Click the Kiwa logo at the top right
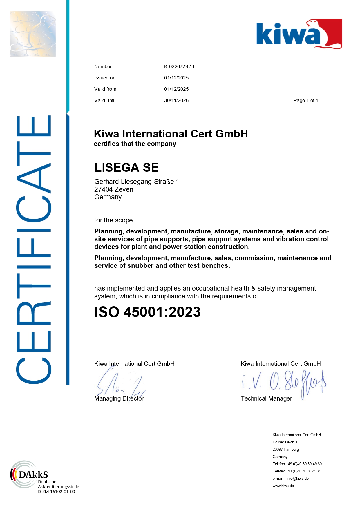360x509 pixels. (x=299, y=34)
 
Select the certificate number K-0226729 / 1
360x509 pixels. (x=179, y=66)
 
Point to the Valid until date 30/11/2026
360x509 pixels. (x=176, y=100)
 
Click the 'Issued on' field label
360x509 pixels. (x=105, y=78)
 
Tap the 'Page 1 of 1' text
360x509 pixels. (x=306, y=100)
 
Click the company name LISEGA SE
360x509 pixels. (x=126, y=168)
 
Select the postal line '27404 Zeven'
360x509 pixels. (x=114, y=189)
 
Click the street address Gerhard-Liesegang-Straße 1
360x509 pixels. (x=137, y=182)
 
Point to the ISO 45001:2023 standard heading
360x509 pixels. (x=147, y=312)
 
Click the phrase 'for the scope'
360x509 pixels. (x=113, y=220)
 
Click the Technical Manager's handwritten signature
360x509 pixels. (x=284, y=383)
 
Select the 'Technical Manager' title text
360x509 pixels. (x=266, y=398)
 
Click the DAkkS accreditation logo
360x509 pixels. (x=29, y=474)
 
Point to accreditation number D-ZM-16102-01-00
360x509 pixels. (x=57, y=492)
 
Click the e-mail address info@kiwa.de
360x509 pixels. (x=297, y=478)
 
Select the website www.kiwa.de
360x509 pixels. (x=283, y=486)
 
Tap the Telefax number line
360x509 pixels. (x=297, y=471)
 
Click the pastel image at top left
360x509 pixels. (x=33, y=34)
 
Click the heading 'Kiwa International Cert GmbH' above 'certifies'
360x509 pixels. (x=171, y=134)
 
